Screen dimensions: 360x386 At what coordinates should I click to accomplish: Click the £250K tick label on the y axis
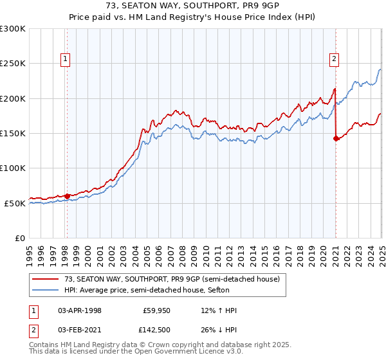tap(12, 64)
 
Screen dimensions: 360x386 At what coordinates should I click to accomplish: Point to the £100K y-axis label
tap(12, 168)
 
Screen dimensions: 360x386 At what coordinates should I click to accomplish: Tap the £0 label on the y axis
tap(19, 238)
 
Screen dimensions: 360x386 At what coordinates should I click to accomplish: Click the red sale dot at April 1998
tap(67, 196)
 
